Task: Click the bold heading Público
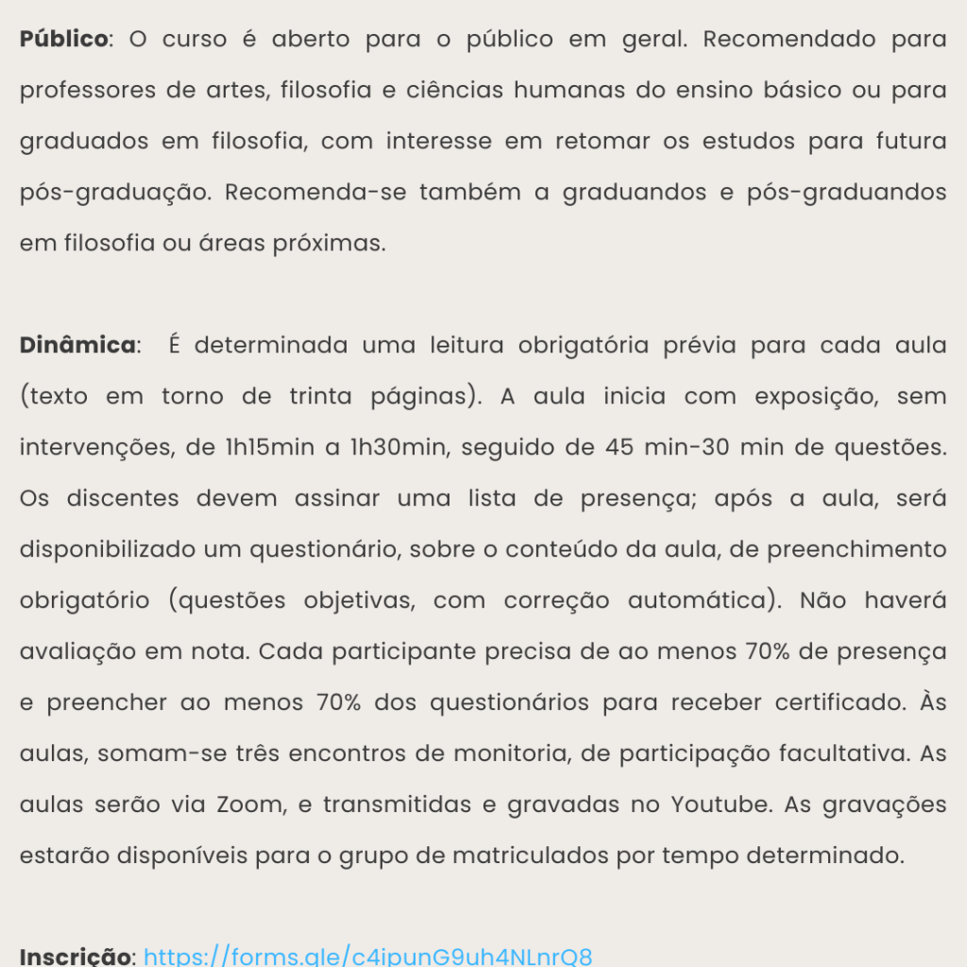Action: [64, 40]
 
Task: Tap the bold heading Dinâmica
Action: [77, 346]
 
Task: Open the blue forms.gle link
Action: [368, 956]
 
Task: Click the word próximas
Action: [328, 244]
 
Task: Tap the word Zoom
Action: [249, 805]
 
